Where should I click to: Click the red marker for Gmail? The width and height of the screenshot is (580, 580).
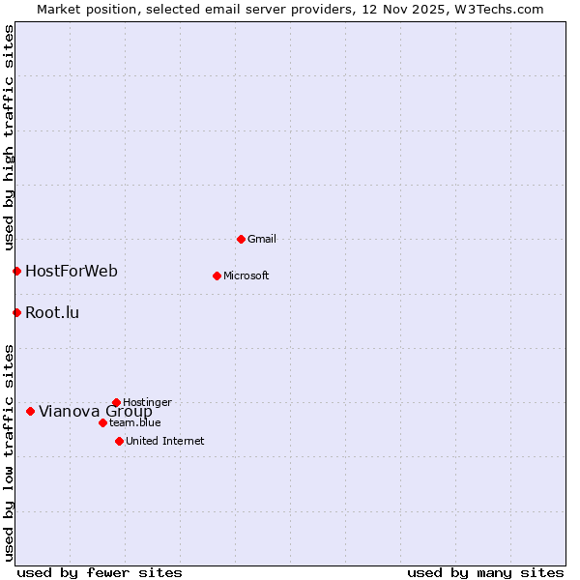coord(241,239)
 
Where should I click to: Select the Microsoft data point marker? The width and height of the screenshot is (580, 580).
coord(217,275)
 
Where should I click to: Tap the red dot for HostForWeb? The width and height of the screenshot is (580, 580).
coord(16,271)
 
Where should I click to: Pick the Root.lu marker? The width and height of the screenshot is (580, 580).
coord(16,312)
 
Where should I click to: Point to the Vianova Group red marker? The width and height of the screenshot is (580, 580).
coord(30,411)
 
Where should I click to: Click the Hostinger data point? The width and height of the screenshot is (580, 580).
coord(116,402)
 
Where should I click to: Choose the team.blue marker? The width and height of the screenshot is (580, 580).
coord(102,422)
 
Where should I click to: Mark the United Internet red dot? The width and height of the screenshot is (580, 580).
coord(119,441)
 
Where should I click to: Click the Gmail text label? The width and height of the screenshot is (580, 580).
coord(262,239)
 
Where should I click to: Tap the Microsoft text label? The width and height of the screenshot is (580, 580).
coord(246,275)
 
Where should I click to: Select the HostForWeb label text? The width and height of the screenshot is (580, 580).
coord(72,271)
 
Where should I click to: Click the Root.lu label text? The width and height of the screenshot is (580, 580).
coord(52,312)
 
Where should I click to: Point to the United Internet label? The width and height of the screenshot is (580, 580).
coord(165,441)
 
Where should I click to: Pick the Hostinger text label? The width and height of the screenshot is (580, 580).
coord(147,402)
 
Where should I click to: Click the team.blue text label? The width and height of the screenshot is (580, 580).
coord(135,422)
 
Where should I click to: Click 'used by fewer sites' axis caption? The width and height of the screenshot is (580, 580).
coord(100,572)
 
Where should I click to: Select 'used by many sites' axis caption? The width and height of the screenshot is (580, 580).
coord(485,572)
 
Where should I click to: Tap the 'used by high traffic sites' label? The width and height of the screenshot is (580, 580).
coord(9,135)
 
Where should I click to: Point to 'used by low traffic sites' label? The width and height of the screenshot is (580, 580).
coord(9,451)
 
